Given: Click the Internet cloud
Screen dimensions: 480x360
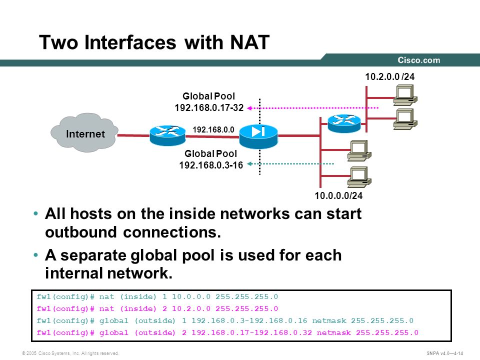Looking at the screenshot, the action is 84,133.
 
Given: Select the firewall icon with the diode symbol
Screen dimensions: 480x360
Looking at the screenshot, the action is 258,136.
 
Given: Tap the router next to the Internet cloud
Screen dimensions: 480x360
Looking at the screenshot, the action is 167,135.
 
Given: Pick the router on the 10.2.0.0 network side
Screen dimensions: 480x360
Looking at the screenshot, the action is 344,123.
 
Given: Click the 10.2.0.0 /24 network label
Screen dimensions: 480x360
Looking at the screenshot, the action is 389,76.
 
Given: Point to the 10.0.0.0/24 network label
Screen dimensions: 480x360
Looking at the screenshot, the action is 338,195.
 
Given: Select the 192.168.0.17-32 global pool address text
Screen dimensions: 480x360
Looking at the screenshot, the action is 209,108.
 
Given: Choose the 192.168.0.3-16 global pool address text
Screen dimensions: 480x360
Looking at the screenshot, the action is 211,165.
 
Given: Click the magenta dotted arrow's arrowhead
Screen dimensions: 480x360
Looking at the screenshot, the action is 249,108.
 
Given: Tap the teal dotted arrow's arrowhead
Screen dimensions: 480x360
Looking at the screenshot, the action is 249,164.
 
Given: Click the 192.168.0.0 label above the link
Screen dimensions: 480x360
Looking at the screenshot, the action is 213,130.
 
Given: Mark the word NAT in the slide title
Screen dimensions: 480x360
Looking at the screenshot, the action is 250,42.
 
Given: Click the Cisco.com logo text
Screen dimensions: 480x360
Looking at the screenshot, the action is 419,60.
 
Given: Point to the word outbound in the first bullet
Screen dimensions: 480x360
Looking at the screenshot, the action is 81,232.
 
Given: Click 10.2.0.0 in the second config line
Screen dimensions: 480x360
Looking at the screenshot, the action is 191,308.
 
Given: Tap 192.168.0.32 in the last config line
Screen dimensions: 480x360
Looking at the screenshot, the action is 283,333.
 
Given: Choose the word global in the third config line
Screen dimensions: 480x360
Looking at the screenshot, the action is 114,321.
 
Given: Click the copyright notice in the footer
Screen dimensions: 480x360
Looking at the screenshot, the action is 70,353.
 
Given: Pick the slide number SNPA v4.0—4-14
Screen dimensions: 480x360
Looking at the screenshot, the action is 445,353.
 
